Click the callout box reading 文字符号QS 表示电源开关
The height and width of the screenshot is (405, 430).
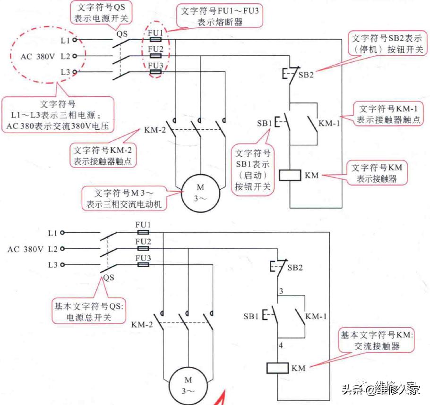[102, 13]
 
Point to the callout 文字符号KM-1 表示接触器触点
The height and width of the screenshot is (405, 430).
[387, 114]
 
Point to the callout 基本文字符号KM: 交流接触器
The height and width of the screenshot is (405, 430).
[377, 340]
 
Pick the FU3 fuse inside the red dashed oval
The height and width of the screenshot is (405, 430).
[156, 72]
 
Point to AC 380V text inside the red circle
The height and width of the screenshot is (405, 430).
[38, 56]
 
